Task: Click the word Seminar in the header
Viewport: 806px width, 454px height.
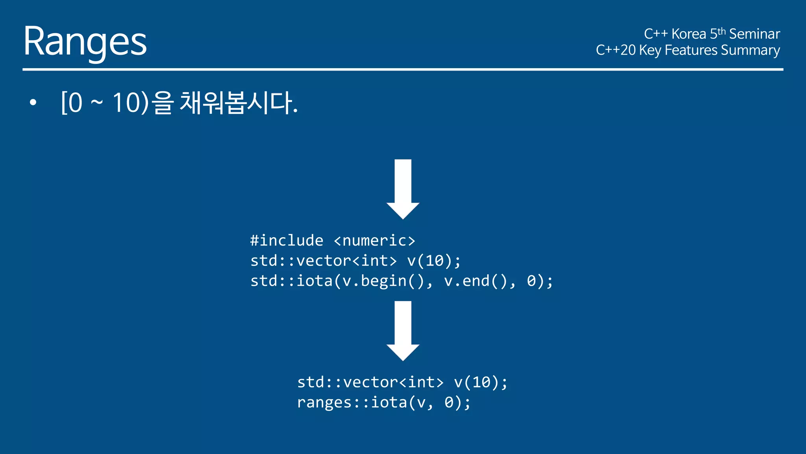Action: [x=754, y=34]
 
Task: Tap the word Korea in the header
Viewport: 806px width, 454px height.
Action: [x=688, y=34]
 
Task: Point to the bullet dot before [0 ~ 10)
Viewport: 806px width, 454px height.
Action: [x=33, y=103]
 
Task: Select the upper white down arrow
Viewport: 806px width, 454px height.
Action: [x=403, y=188]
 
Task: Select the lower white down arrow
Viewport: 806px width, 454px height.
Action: [x=403, y=330]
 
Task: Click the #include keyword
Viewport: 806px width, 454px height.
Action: [x=287, y=240]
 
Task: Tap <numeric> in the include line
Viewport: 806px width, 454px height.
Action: [x=374, y=240]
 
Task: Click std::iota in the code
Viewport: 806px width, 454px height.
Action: [x=291, y=281]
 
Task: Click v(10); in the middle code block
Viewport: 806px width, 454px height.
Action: [x=434, y=261]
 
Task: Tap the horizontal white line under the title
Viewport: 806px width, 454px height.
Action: [x=403, y=69]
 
